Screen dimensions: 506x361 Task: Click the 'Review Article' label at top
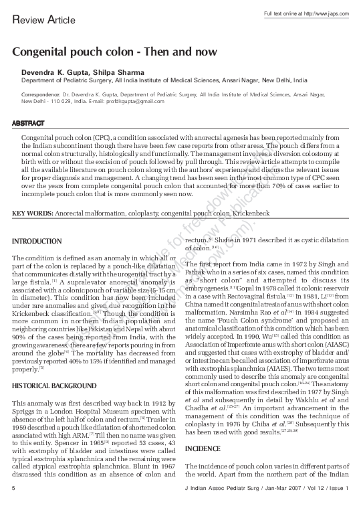click(x=40, y=21)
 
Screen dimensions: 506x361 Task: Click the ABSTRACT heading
click(x=28, y=124)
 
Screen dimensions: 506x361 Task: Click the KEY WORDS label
click(x=32, y=213)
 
